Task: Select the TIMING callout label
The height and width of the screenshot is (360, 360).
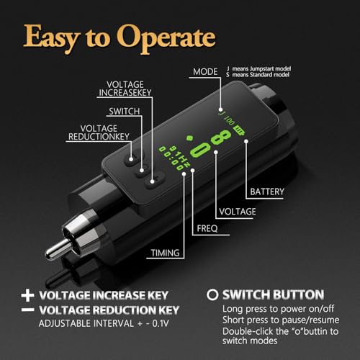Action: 165,253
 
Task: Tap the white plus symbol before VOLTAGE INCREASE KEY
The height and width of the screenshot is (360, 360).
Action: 27,295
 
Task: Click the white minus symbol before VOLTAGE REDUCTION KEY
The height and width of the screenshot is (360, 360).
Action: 27,309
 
